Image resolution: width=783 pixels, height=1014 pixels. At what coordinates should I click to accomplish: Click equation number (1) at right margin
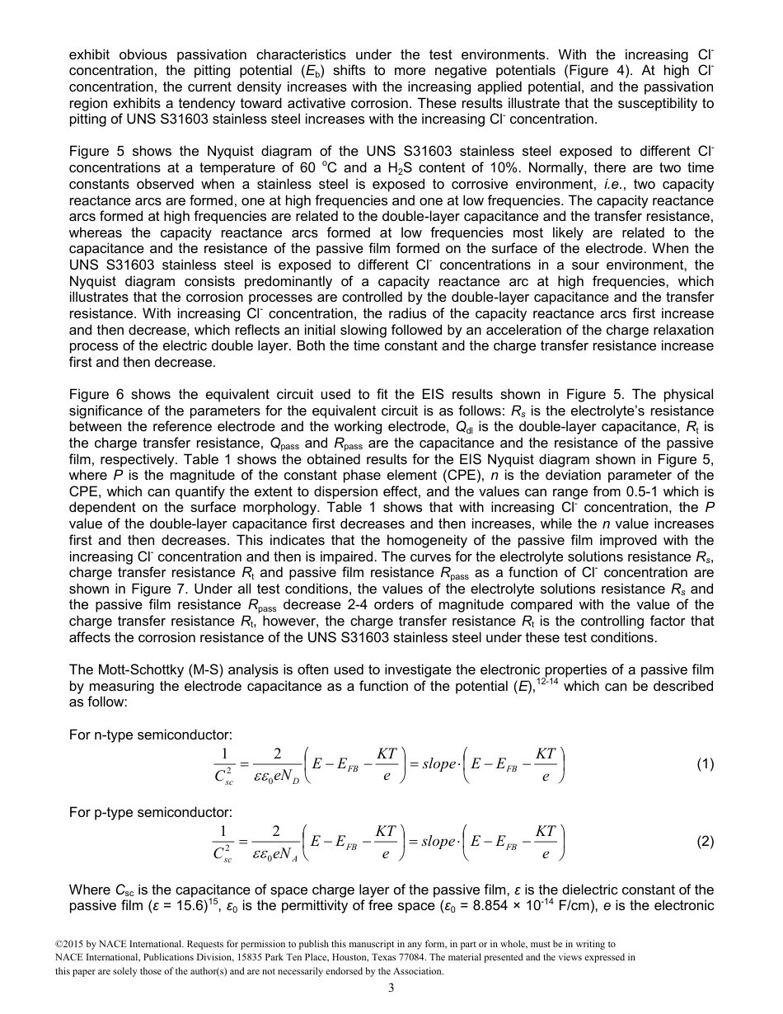click(705, 764)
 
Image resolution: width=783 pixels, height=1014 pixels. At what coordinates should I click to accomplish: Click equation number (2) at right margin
click(705, 842)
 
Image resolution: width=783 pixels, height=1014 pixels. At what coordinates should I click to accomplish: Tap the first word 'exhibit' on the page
click(89, 31)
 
